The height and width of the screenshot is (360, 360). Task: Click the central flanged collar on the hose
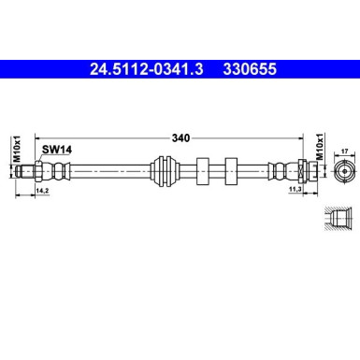166,172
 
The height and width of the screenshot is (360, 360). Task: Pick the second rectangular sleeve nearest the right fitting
231,172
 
